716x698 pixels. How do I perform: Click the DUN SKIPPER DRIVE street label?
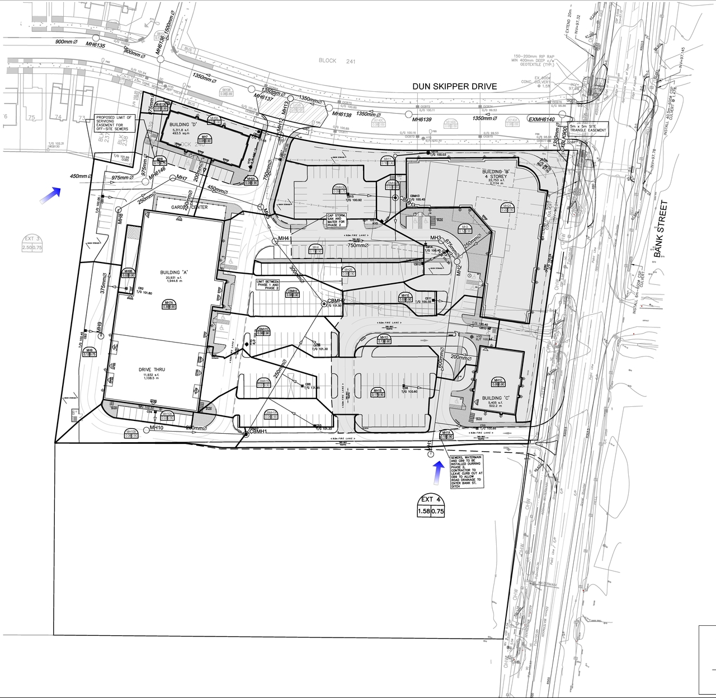click(454, 86)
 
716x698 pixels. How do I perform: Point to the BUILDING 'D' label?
click(178, 126)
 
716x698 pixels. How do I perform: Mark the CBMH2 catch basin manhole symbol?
click(323, 303)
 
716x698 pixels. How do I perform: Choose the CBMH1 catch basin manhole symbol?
click(246, 433)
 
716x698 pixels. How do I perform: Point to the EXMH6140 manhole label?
click(541, 119)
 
